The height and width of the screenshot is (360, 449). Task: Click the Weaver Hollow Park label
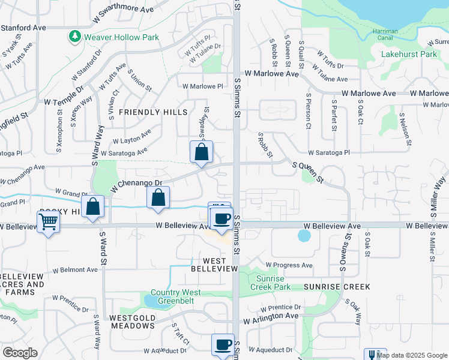(x=122, y=37)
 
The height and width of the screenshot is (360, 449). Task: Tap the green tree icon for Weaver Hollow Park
(x=75, y=37)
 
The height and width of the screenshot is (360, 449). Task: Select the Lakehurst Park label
(x=409, y=54)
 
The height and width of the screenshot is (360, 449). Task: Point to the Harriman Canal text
(x=390, y=37)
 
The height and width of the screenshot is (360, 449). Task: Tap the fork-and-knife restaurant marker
(x=375, y=355)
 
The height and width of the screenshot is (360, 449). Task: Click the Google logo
(x=20, y=353)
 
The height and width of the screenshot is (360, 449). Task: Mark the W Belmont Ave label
(x=75, y=270)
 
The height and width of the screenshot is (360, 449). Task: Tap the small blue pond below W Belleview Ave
(x=304, y=235)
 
